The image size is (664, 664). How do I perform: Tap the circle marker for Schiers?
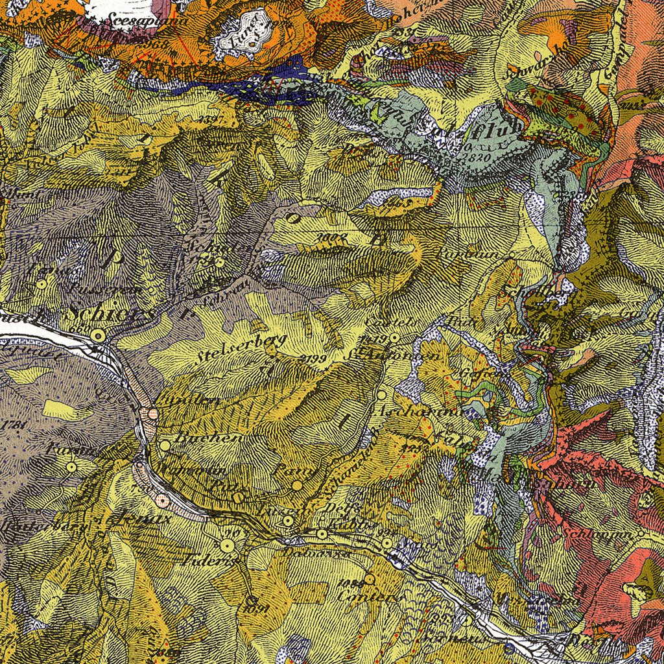click(x=98, y=335)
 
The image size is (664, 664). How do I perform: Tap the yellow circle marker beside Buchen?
click(x=165, y=445)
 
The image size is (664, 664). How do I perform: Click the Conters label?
click(x=365, y=596)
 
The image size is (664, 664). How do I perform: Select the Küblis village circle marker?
click(x=322, y=534)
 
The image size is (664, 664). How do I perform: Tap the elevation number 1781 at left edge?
click(x=12, y=425)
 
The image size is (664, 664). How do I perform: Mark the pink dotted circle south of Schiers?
click(x=152, y=413)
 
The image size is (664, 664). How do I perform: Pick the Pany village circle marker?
click(x=297, y=485)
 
